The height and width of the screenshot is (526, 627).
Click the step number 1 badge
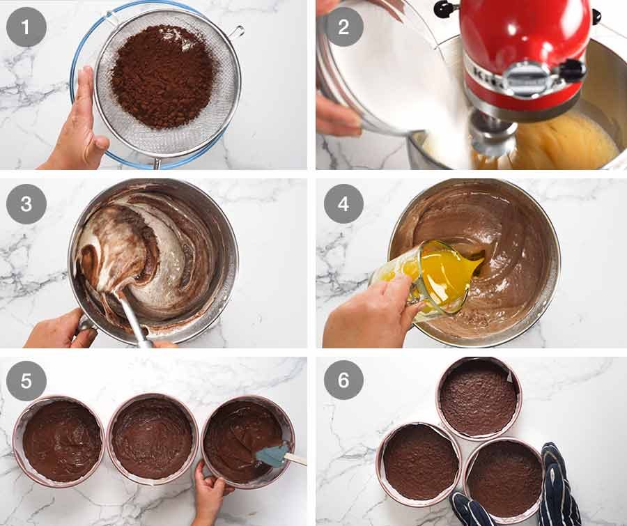tap(26, 27)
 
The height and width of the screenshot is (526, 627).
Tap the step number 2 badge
tap(344, 27)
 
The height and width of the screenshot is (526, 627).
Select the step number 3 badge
tap(26, 204)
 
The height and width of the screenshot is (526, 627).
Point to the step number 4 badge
tap(344, 204)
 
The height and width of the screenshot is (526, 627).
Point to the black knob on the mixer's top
tap(443, 9)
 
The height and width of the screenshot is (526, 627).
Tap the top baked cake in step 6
tap(479, 398)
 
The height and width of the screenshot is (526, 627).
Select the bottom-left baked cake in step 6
tap(419, 463)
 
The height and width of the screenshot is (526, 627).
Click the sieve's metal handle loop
tap(236, 31)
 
